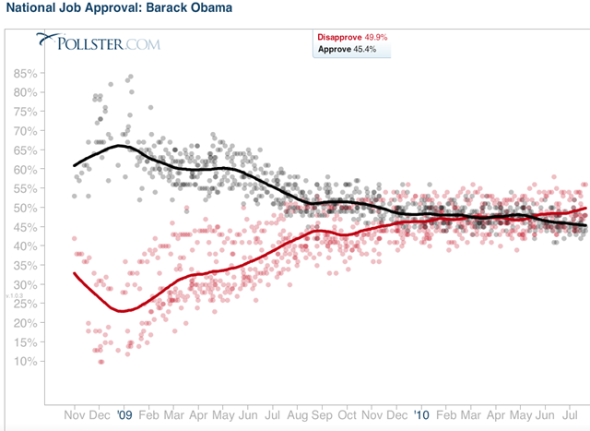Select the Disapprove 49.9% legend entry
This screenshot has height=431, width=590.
click(x=353, y=36)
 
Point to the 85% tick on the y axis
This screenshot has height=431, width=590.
click(x=51, y=74)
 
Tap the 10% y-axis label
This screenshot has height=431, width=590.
click(x=51, y=360)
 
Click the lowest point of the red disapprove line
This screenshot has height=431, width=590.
click(x=121, y=311)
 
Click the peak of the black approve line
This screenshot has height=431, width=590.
click(x=120, y=145)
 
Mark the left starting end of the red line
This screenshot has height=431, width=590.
click(x=74, y=273)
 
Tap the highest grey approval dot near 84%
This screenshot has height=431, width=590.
click(x=131, y=77)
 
